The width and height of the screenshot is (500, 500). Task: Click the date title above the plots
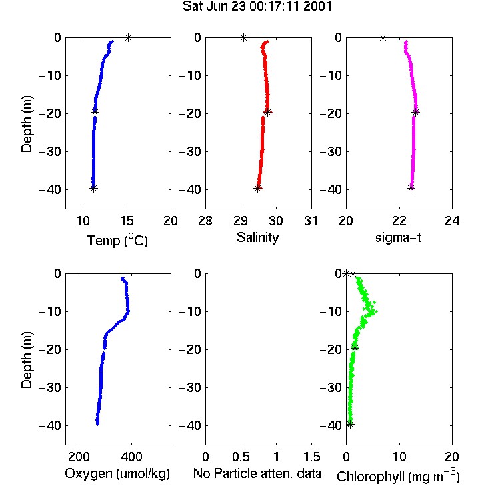point(257,7)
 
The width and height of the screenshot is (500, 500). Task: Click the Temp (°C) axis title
point(117,240)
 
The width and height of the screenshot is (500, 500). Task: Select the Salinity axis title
point(257,237)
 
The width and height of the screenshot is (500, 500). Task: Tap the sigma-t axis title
point(398,237)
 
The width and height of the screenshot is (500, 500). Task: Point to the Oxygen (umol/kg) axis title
point(117,473)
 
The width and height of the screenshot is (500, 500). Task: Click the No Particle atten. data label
point(257,473)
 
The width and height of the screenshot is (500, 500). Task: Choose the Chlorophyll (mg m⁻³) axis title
point(398,476)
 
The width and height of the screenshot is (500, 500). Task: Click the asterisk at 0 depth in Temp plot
point(128,37)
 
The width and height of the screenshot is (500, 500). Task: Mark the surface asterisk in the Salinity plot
point(243,37)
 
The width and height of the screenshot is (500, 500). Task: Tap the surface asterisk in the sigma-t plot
point(383,37)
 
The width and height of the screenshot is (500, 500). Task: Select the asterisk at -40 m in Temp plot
point(93,188)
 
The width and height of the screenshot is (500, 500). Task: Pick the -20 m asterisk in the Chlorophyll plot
point(355,348)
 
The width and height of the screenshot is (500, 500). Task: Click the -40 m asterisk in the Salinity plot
point(257,188)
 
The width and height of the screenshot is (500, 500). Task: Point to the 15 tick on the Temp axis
point(127,221)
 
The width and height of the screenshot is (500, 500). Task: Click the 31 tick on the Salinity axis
point(311,221)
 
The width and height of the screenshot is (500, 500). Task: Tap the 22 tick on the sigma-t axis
point(399,221)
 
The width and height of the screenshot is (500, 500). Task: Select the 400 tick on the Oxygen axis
point(131,457)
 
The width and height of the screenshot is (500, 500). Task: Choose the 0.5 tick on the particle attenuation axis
point(241,457)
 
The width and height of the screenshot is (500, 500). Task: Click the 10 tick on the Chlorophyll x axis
point(399,457)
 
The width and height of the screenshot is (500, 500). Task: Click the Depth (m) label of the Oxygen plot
point(27,360)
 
